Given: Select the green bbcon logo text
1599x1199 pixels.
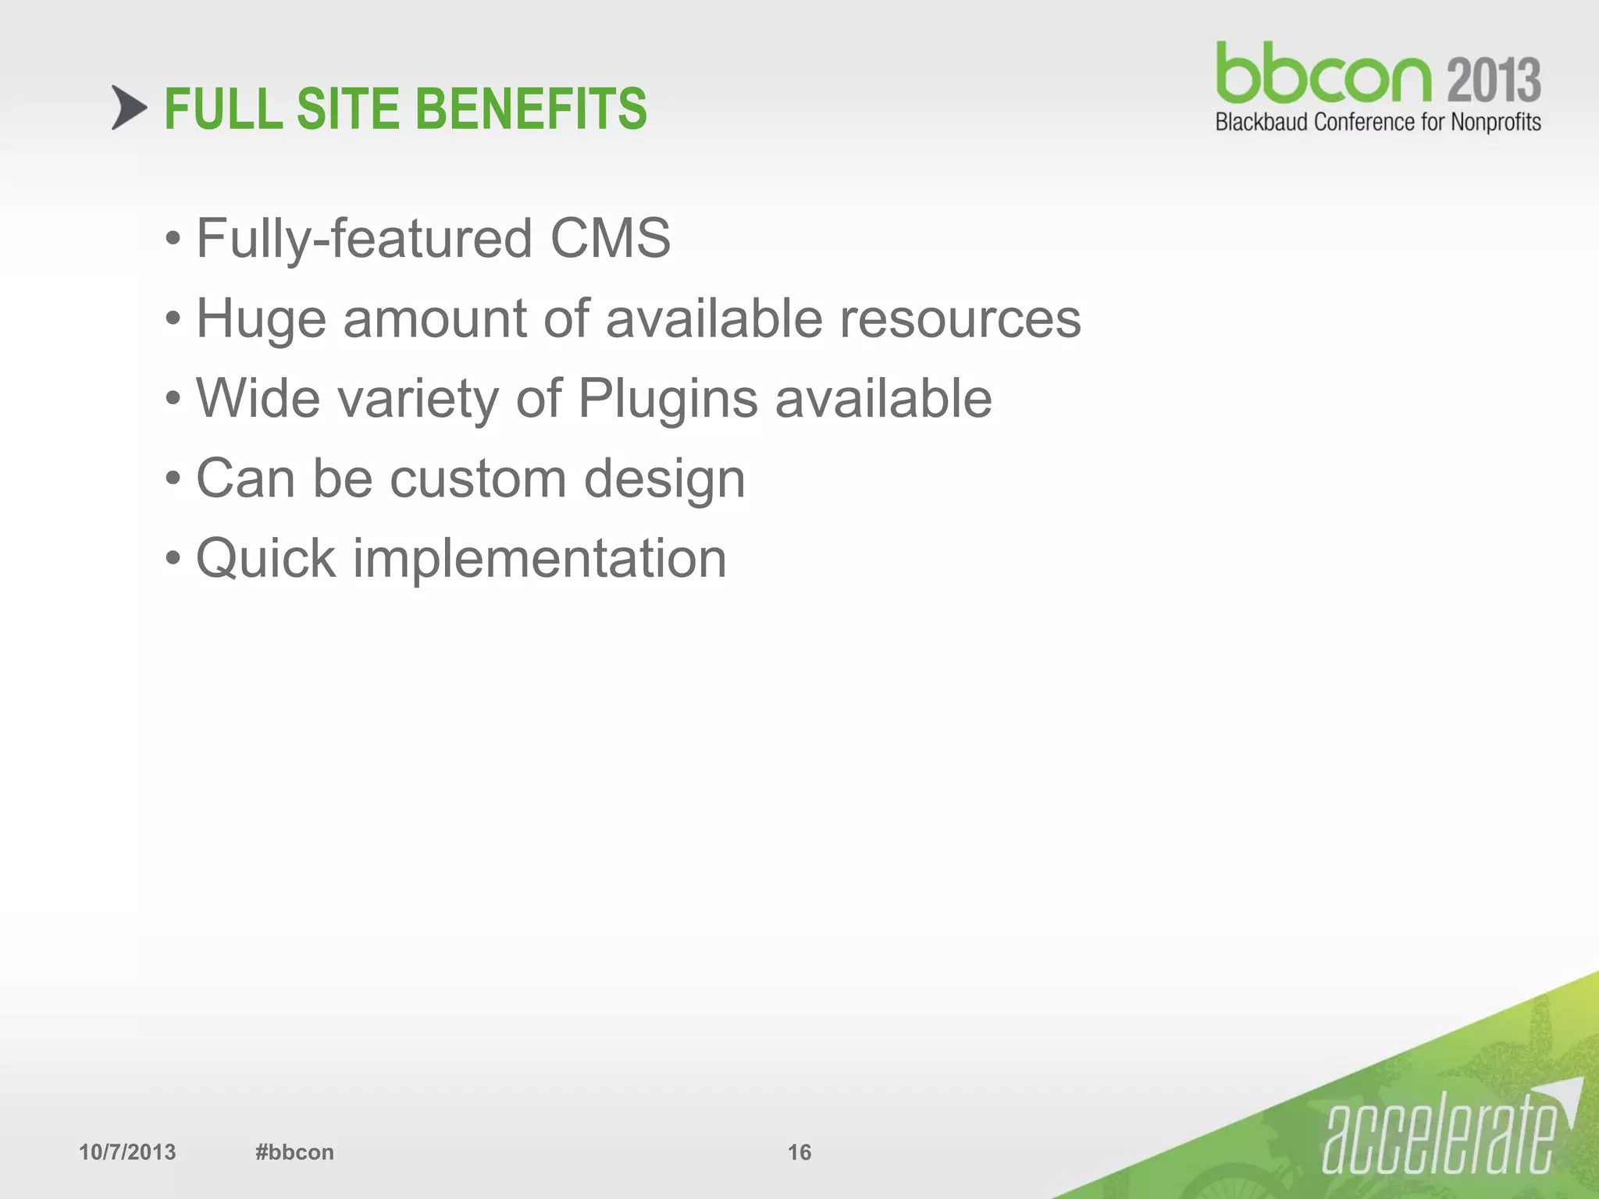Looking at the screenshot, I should click(x=1323, y=74).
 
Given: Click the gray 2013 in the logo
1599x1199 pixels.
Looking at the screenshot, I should click(x=1494, y=80).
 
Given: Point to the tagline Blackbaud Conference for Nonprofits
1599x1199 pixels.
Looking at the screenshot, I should click(x=1378, y=123).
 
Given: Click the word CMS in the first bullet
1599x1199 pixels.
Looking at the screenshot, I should click(x=610, y=238).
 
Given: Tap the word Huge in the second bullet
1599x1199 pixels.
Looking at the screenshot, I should click(x=261, y=320).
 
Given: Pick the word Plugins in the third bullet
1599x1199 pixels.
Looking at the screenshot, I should click(x=668, y=400).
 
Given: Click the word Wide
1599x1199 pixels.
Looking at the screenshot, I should click(x=258, y=398).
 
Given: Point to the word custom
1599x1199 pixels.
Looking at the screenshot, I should click(x=478, y=479).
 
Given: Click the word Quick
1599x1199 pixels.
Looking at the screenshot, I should click(x=265, y=559).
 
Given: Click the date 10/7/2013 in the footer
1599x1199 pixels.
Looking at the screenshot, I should click(x=127, y=1152).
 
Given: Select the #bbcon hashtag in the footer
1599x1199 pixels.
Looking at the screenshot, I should click(x=294, y=1152).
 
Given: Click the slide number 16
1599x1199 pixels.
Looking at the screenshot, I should click(x=799, y=1152).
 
